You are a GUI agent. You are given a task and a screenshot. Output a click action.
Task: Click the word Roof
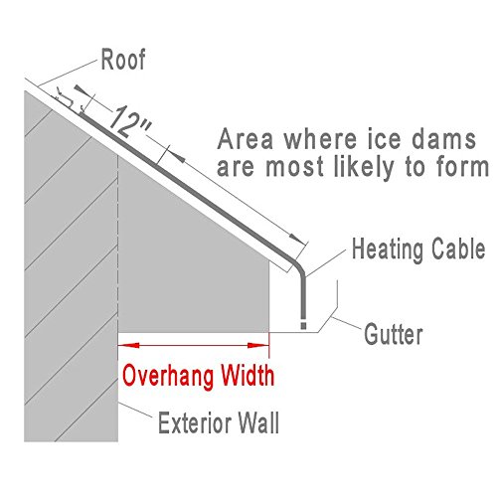(x=123, y=60)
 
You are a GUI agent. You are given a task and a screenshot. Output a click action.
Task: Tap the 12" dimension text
(x=131, y=121)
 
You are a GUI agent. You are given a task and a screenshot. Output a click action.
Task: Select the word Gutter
(x=394, y=334)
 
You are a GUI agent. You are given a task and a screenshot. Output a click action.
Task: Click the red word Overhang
(x=168, y=376)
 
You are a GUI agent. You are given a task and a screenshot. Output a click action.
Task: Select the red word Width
(x=248, y=375)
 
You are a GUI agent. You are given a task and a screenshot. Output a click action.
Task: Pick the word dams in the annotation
(x=443, y=139)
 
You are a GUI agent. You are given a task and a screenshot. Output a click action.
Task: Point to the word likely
(x=363, y=168)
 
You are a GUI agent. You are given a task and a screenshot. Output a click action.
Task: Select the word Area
(x=246, y=139)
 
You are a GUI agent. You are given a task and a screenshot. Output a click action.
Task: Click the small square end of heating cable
(x=303, y=325)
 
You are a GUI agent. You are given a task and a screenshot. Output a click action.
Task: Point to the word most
(x=294, y=167)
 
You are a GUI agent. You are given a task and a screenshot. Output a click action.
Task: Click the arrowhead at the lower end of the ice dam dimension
(x=296, y=239)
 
